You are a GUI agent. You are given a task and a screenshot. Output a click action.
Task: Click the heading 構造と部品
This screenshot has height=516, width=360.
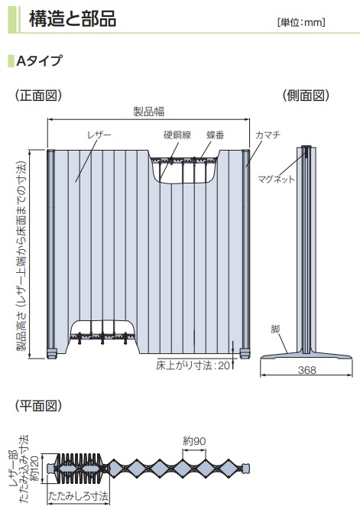(x=73, y=19)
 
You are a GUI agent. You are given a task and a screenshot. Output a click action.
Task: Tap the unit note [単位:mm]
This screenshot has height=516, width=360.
(x=301, y=22)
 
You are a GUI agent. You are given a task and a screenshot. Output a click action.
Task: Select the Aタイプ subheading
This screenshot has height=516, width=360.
(x=39, y=60)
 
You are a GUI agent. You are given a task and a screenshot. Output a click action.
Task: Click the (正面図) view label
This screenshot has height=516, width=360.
(x=38, y=96)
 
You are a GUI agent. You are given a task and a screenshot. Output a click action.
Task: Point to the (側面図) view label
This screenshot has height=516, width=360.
(x=306, y=96)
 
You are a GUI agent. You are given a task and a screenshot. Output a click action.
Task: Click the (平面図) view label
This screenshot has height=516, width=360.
(x=38, y=406)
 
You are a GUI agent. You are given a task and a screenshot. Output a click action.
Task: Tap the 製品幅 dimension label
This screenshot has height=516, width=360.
(x=149, y=112)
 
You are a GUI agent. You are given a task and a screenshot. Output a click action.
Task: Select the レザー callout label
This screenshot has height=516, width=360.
(x=99, y=135)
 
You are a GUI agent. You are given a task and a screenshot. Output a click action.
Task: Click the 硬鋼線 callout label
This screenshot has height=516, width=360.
(x=177, y=135)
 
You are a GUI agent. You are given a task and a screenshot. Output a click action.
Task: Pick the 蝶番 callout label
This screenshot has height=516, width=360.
(x=216, y=135)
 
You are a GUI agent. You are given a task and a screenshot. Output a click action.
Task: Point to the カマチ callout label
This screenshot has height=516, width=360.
(x=268, y=135)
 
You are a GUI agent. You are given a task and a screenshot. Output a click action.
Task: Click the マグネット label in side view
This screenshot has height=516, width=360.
(x=276, y=179)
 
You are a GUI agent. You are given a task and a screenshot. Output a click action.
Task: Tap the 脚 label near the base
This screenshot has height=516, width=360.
(x=275, y=329)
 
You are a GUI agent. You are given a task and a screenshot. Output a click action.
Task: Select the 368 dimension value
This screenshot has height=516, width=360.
(x=306, y=370)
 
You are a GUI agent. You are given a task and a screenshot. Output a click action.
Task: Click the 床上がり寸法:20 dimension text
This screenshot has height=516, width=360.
(x=193, y=365)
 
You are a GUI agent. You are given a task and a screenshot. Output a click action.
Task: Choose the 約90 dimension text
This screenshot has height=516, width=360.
(x=194, y=441)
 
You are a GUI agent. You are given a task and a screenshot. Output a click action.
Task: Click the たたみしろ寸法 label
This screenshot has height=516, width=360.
(x=78, y=496)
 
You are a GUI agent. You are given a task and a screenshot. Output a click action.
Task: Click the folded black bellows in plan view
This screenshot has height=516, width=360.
(x=80, y=469)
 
